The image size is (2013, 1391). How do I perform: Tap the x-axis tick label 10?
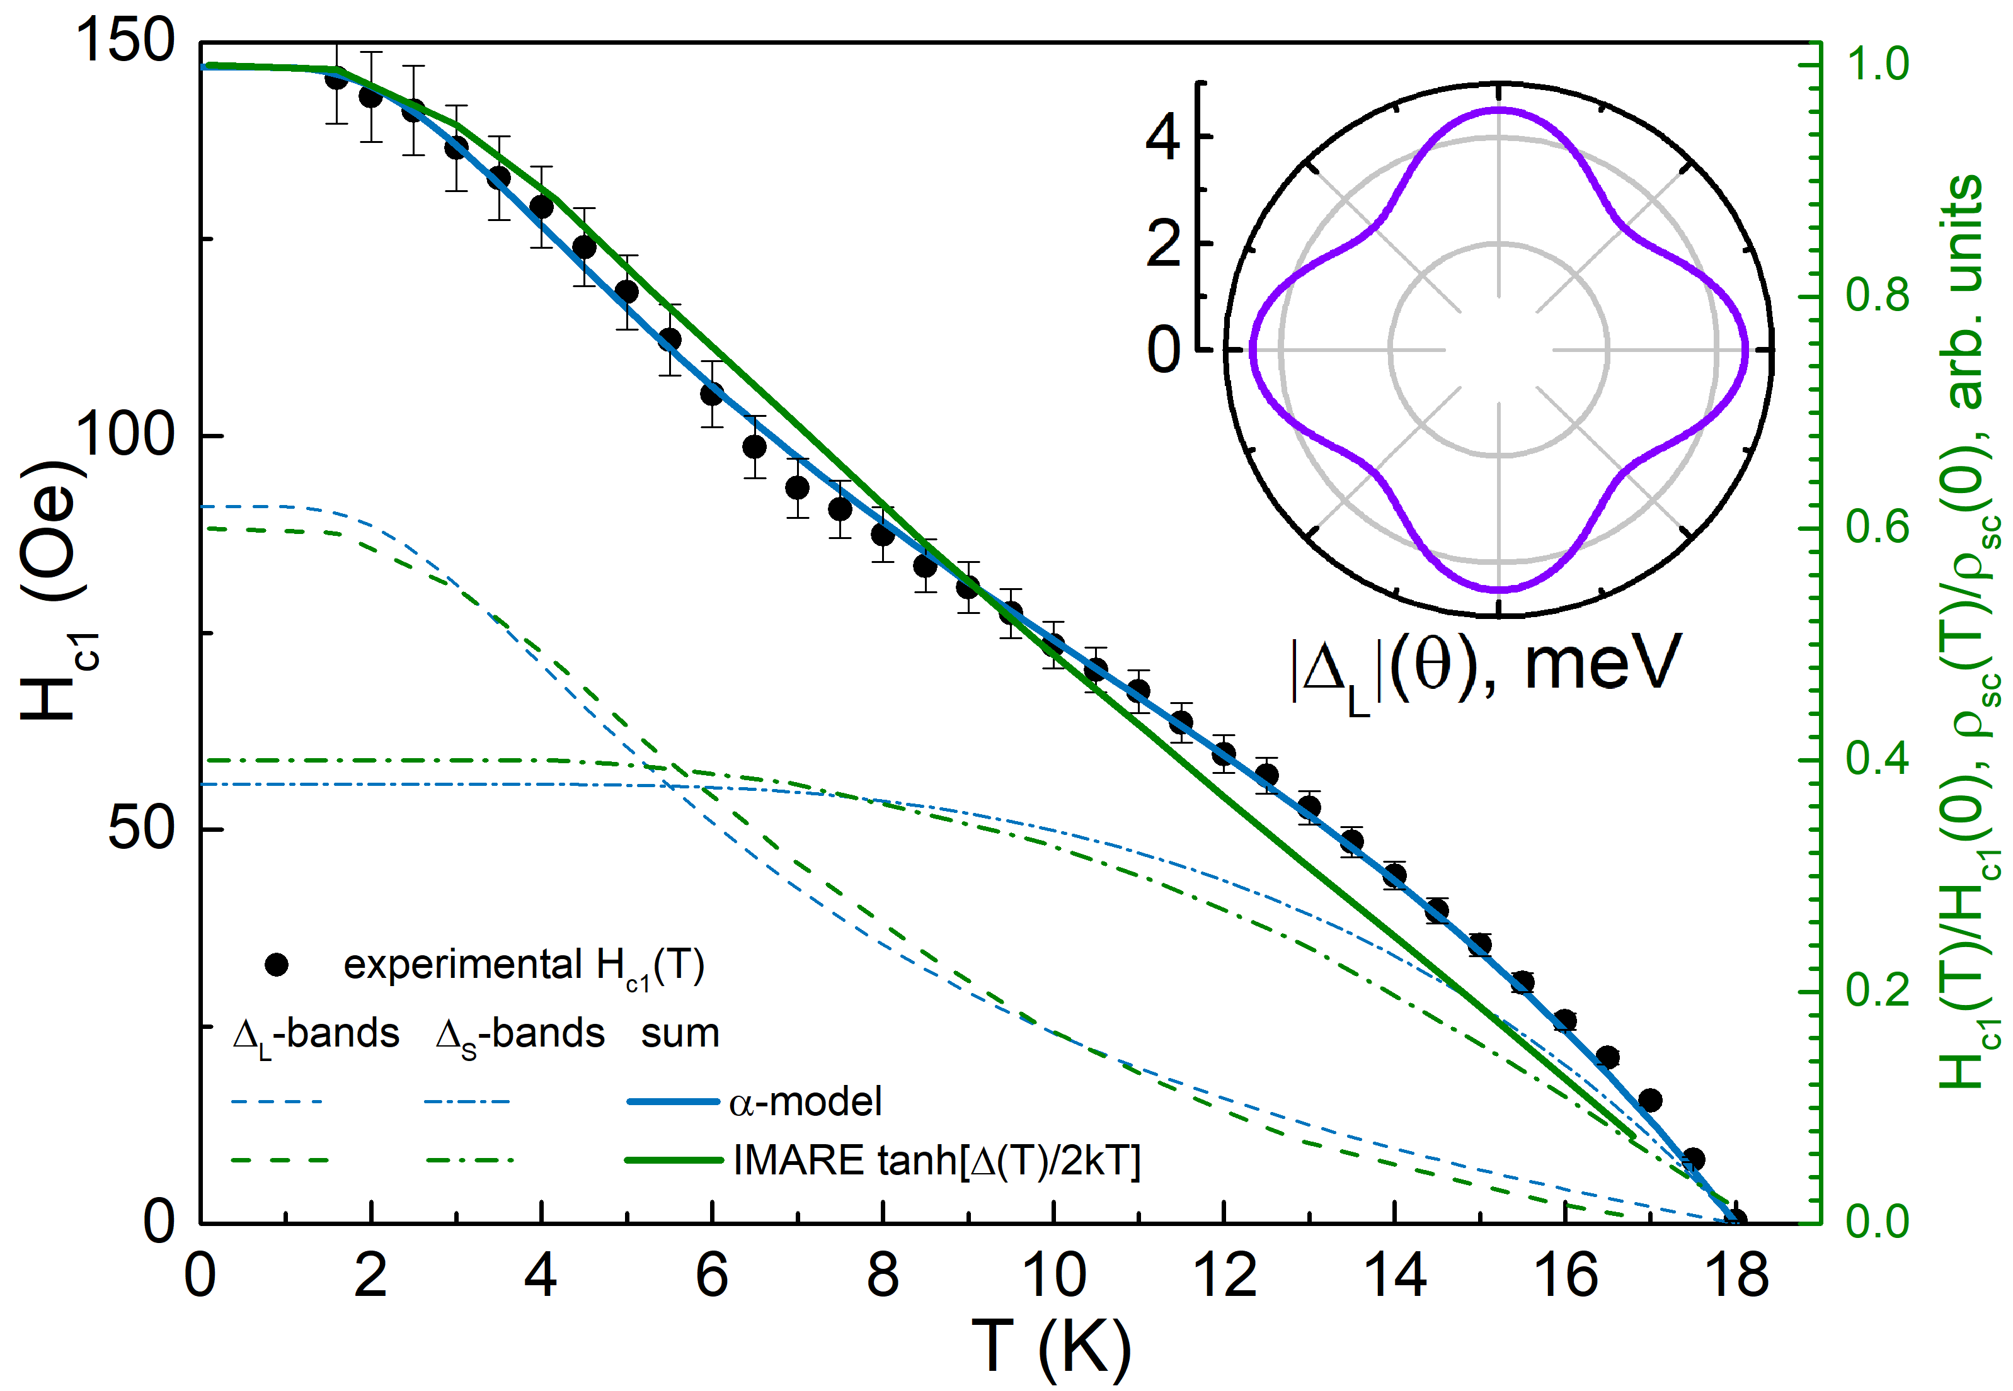1053,1275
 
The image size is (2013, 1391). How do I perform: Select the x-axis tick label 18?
1736,1275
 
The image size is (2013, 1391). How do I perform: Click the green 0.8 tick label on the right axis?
1877,295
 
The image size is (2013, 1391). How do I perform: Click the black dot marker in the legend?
277,965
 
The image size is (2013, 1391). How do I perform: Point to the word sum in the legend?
680,1034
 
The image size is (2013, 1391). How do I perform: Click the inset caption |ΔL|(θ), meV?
1484,667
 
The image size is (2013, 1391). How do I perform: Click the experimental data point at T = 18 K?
1736,1220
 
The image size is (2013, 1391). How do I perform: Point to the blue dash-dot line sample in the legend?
467,1101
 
